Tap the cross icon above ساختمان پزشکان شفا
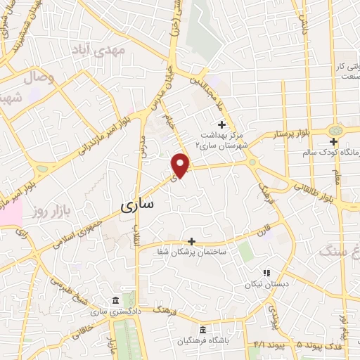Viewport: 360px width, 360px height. [x=191, y=240]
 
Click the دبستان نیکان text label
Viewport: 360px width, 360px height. [x=266, y=285]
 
